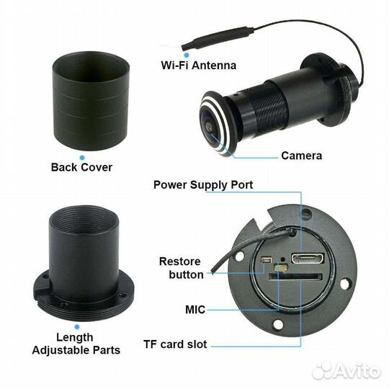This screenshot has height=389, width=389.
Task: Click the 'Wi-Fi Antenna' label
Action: [199, 66]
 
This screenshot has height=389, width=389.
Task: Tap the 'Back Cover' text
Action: [81, 167]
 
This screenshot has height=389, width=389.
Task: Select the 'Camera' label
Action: [301, 156]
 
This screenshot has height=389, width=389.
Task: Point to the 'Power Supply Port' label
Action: [203, 185]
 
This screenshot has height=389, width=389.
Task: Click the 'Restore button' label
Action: [181, 268]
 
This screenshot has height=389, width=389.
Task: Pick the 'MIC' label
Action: [195, 310]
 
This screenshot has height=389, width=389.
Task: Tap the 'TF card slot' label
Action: [175, 344]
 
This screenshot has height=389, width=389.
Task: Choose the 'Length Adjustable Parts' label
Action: [76, 344]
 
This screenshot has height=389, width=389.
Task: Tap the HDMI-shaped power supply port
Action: [308, 259]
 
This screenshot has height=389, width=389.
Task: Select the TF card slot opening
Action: [295, 277]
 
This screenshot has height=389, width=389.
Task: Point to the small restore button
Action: [267, 260]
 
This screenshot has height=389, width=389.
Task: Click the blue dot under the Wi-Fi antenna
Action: [187, 55]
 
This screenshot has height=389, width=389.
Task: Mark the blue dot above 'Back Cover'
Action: [82, 158]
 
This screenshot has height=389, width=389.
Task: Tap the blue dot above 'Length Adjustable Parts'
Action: [77, 327]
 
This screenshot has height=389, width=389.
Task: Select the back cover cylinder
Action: [91, 101]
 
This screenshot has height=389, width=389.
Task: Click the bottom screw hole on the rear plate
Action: [277, 324]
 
